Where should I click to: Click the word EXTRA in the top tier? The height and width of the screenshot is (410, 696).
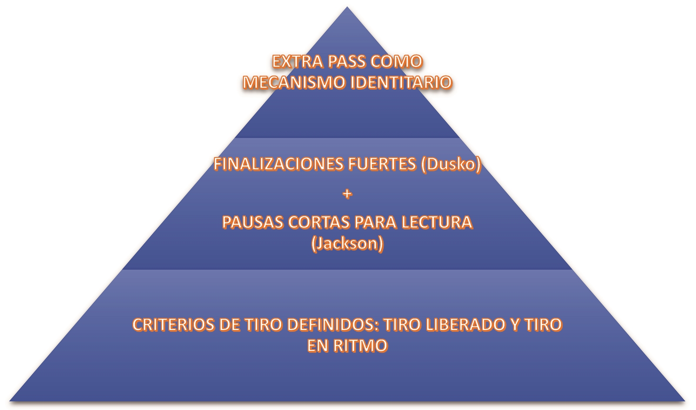click(x=298, y=61)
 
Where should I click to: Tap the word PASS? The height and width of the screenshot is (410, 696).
click(x=347, y=61)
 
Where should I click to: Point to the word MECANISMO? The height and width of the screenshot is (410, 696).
click(x=294, y=82)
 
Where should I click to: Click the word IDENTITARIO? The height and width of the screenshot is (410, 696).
click(x=401, y=82)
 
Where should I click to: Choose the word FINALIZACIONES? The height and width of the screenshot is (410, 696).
click(x=278, y=164)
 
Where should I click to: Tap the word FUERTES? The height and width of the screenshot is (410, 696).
click(x=382, y=164)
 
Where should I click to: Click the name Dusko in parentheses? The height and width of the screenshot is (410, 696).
click(x=451, y=164)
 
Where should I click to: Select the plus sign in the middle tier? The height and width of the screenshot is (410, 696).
click(x=347, y=194)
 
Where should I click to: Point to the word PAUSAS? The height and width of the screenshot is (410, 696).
click(x=253, y=222)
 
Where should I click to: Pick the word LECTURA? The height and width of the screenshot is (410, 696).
click(x=437, y=222)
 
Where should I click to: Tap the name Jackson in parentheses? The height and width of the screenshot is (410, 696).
click(x=348, y=243)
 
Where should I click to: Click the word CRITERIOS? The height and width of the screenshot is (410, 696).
click(x=174, y=325)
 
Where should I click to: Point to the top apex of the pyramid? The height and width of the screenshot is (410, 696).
click(x=347, y=7)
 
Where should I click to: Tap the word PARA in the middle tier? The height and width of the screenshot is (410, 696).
click(x=376, y=222)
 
